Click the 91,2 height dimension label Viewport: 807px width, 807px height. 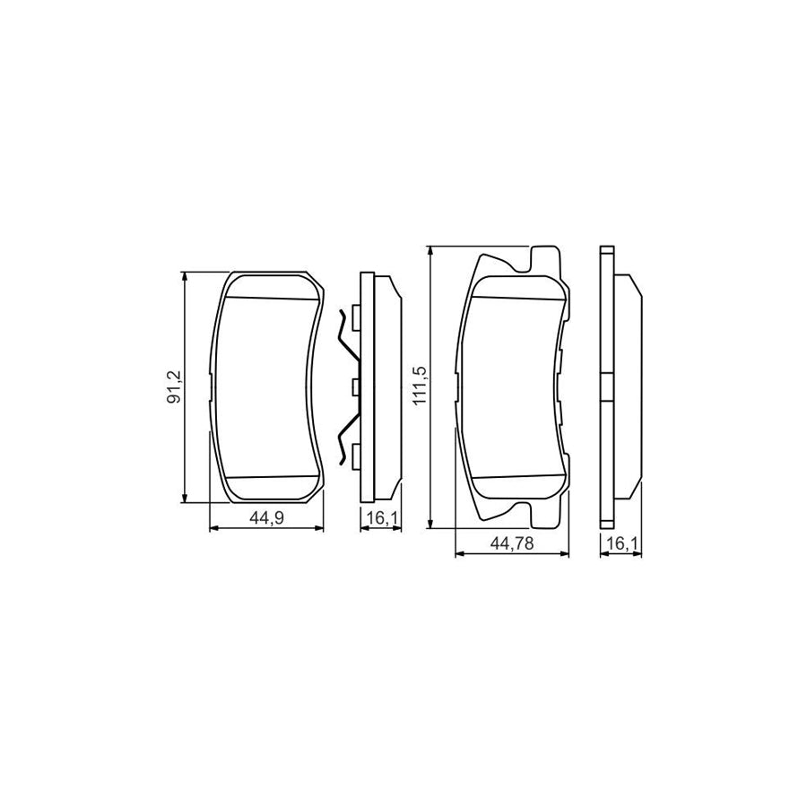177,386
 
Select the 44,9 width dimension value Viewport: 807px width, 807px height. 266,518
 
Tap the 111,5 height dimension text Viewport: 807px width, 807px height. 421,385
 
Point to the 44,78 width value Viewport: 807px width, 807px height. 512,543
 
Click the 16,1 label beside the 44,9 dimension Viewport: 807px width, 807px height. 381,518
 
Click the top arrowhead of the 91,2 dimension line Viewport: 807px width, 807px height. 185,276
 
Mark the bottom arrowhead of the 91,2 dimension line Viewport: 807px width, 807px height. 185,497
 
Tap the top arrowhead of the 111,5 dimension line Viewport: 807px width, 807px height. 430,251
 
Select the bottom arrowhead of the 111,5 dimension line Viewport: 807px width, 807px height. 430,524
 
